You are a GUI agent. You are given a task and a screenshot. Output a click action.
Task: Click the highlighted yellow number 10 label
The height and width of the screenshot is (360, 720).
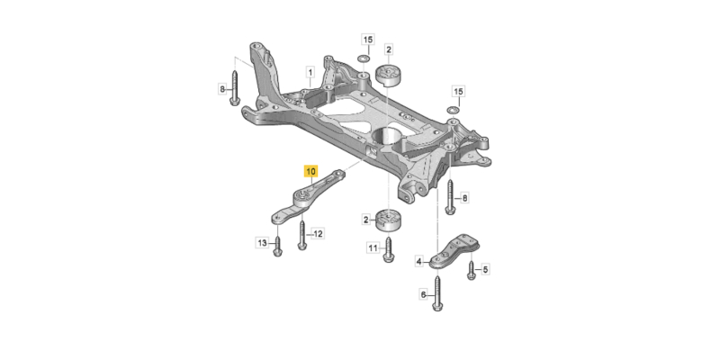pos(311,169)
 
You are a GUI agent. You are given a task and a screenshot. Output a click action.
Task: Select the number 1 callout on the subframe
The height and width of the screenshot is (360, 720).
pos(309,72)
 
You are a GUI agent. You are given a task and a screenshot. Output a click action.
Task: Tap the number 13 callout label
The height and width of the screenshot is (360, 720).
pos(262,243)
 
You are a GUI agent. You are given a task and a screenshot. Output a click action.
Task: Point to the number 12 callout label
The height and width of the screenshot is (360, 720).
pos(317,233)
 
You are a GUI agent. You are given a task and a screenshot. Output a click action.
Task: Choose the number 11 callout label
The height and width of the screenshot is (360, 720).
pos(371,247)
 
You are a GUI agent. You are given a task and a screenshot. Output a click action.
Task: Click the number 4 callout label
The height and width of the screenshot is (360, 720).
pos(418,262)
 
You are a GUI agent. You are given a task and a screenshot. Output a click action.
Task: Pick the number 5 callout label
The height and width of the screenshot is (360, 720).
pos(484,269)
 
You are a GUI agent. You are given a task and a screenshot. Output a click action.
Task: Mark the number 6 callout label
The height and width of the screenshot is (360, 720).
pos(423,294)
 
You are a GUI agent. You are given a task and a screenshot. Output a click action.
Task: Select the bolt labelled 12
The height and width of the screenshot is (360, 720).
pos(302,234)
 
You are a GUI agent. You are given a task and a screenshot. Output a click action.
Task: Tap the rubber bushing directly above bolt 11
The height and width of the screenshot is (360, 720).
pos(388,220)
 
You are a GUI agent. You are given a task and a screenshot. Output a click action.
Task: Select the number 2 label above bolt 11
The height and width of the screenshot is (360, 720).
pos(366,220)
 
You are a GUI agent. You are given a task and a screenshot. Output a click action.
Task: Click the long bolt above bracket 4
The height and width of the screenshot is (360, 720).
pos(448,197)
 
